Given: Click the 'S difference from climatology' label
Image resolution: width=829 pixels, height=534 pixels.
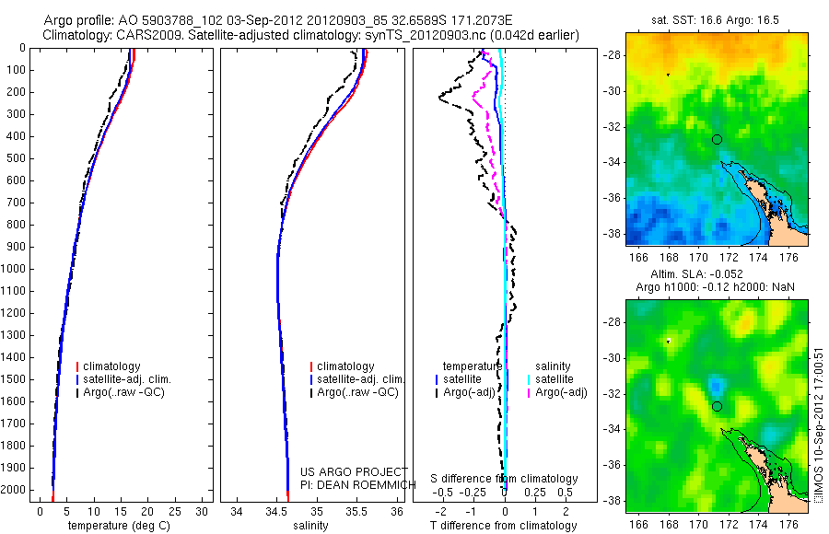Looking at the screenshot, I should point(505,479).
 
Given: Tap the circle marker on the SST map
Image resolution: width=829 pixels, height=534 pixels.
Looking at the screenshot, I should point(717,139).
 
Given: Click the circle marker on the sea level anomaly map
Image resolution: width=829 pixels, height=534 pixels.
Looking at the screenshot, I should point(717,406).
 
